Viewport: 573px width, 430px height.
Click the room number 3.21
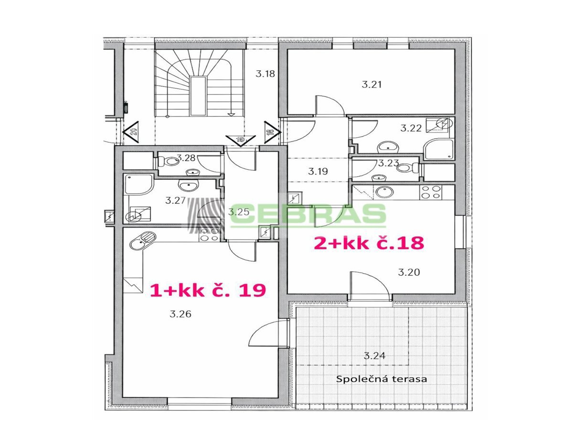click(371, 85)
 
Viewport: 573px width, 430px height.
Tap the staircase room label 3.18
click(265, 74)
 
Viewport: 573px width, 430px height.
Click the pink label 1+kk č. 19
click(208, 290)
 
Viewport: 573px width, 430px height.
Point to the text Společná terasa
click(381, 379)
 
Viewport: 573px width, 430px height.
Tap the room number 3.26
click(180, 314)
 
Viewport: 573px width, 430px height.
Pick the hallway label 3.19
click(318, 171)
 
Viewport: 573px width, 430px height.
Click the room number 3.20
click(409, 272)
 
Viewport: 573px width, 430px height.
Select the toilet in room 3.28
click(168, 161)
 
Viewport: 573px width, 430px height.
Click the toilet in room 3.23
click(407, 167)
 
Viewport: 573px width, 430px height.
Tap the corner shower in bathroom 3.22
click(438, 149)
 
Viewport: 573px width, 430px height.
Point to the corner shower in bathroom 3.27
click(138, 185)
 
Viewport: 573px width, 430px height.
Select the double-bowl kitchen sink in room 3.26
click(142, 241)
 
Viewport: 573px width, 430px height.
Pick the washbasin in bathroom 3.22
click(388, 148)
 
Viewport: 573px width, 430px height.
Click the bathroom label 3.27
click(175, 201)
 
